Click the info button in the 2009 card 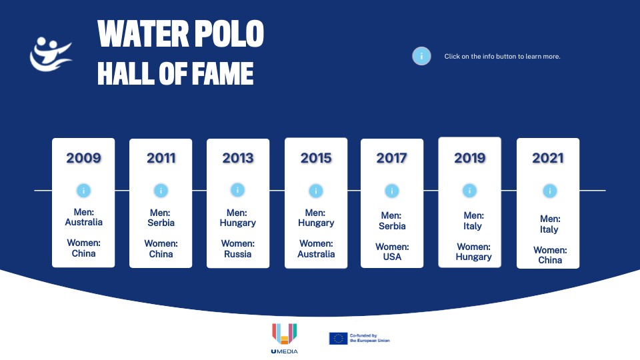click(x=84, y=191)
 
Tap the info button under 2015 click(x=316, y=191)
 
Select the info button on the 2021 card click(x=550, y=191)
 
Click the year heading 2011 click(x=161, y=159)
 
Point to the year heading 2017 click(x=392, y=159)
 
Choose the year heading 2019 click(x=470, y=158)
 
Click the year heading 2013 click(x=238, y=159)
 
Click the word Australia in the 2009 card click(x=84, y=223)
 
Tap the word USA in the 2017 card click(x=392, y=257)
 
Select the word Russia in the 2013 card click(x=238, y=254)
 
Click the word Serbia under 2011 click(x=161, y=223)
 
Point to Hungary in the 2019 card click(x=474, y=257)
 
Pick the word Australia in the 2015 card click(x=316, y=254)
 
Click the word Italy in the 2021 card click(x=549, y=230)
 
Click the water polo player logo click(x=51, y=54)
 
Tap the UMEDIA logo click(x=285, y=339)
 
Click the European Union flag click(x=339, y=339)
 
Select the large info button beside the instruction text click(x=421, y=56)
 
